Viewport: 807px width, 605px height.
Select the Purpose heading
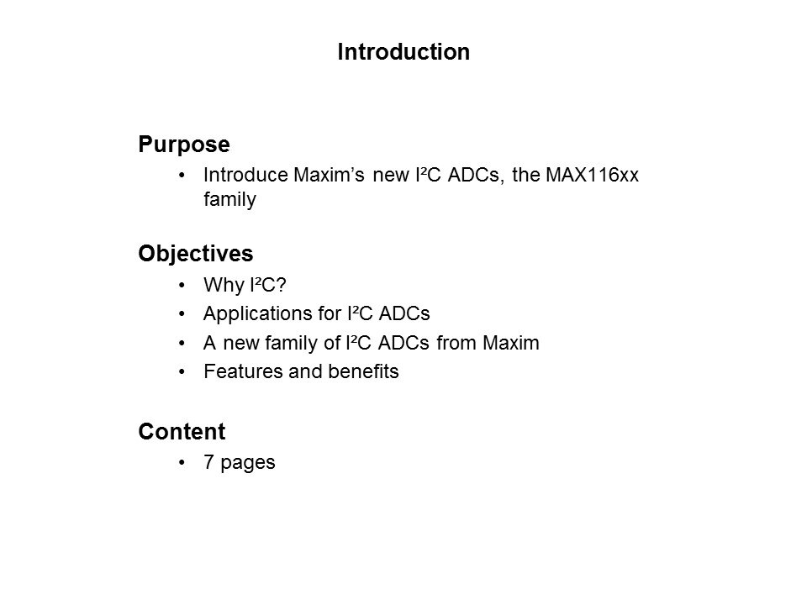click(184, 145)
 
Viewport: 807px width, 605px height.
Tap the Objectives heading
click(196, 253)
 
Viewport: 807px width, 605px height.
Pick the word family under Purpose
click(229, 200)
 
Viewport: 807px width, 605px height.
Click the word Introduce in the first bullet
click(248, 176)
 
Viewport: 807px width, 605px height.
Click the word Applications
click(247, 314)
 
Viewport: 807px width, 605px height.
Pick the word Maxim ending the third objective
click(515, 344)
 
